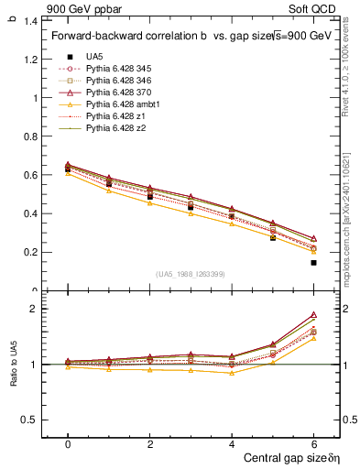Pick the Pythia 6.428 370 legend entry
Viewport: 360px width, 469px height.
(121, 93)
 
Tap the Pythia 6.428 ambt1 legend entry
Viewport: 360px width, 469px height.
(124, 104)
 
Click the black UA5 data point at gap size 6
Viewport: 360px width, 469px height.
(313, 263)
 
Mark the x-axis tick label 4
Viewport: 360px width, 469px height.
(232, 443)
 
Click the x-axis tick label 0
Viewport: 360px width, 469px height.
(68, 443)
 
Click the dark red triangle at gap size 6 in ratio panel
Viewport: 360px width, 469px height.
(313, 314)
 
